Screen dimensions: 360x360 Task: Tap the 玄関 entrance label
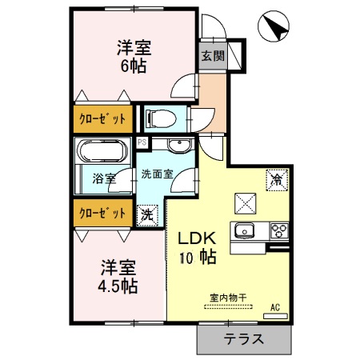point(214,57)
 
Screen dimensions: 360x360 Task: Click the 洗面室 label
point(158,174)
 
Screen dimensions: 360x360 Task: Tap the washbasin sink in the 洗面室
point(177,146)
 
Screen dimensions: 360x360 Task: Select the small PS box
point(142,143)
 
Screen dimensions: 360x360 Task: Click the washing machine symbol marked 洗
point(147,214)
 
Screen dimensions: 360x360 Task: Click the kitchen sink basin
point(243,231)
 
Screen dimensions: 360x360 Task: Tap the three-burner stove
point(277,231)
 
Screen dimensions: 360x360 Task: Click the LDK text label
point(192,238)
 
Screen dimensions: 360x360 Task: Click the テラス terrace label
point(243,338)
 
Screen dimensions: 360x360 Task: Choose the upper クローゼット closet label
point(102,118)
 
